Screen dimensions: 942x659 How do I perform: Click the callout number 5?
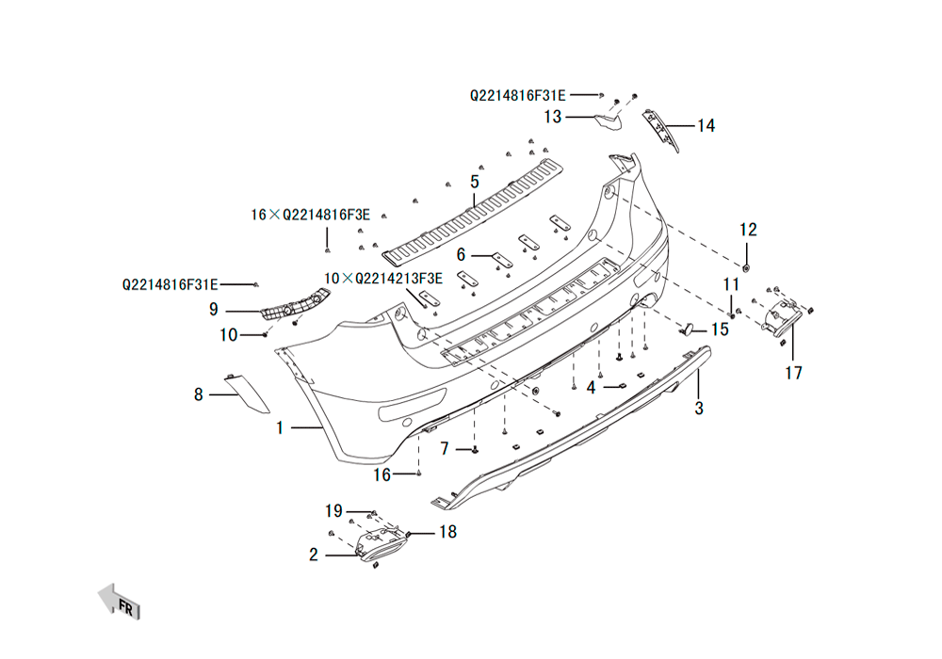click(475, 182)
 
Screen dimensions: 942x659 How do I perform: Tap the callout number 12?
click(748, 230)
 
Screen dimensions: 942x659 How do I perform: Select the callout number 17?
click(793, 374)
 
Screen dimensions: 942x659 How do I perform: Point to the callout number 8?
click(199, 394)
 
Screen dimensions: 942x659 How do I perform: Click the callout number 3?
click(699, 409)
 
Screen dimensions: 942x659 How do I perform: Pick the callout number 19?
click(333, 511)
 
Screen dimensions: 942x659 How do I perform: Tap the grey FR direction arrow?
click(119, 601)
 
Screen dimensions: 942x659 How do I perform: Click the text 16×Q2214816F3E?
click(310, 215)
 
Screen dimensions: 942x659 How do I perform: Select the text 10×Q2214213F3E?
click(383, 279)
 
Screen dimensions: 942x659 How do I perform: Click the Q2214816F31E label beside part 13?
click(518, 95)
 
